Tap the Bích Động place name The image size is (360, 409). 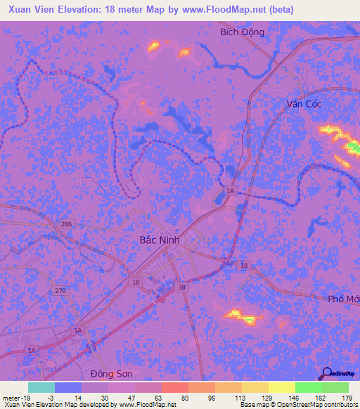pos(242,32)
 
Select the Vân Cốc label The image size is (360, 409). pos(304,103)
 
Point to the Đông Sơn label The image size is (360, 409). pos(110,372)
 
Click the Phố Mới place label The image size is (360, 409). pos(344,299)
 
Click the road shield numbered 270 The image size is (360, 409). pos(61,290)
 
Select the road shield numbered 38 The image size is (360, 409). pos(181,287)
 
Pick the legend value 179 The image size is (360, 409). pos(347,398)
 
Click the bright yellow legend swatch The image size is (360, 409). pos(281,387)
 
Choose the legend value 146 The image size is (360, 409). pos(293,398)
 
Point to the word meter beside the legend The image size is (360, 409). pos(11,398)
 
